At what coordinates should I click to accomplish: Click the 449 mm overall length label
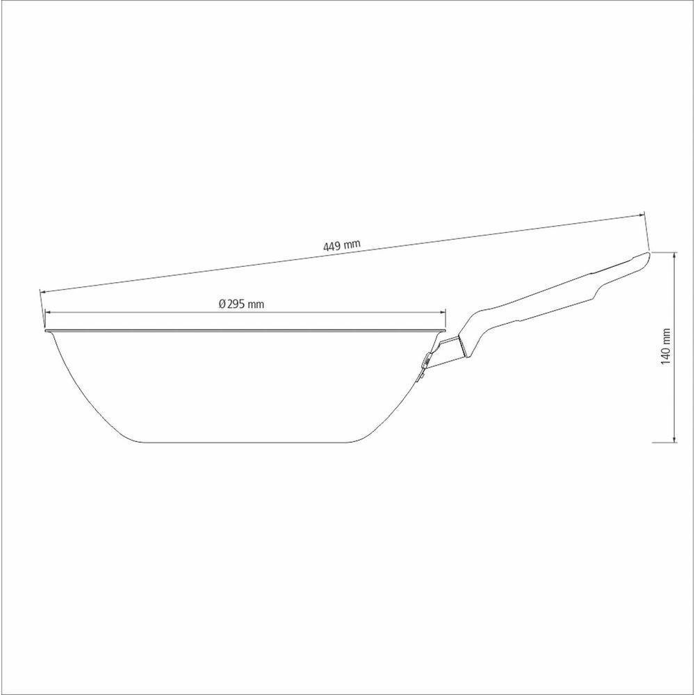coord(341,245)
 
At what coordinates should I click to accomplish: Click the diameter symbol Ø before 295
coord(221,304)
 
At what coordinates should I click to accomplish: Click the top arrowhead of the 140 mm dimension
coord(674,256)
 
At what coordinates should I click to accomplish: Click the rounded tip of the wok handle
coord(646,256)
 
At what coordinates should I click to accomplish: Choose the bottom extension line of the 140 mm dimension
coord(664,441)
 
